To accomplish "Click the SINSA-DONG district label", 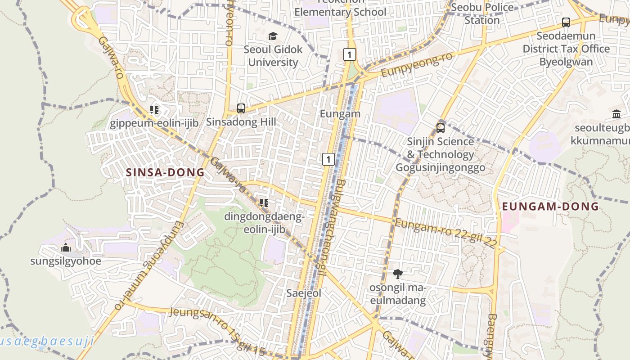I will click(x=165, y=172).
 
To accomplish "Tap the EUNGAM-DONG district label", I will click(x=550, y=207).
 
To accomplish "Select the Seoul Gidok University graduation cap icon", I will click(x=273, y=36).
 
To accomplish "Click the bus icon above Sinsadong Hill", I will click(x=241, y=108).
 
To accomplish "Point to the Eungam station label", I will click(x=340, y=114).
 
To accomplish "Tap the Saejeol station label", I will click(x=304, y=293).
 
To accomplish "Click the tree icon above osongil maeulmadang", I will click(x=397, y=274).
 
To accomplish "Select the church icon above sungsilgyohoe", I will click(x=66, y=247).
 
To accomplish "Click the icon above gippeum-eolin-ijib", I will click(x=154, y=109).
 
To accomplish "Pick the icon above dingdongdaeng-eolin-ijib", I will click(x=264, y=203).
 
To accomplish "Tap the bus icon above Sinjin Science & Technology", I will click(x=441, y=128).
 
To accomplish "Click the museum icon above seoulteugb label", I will click(x=616, y=114).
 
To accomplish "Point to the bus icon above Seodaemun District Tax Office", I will click(x=566, y=22).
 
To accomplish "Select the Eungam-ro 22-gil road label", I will click(x=445, y=233).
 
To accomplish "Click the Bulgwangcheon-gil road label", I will click(x=330, y=228).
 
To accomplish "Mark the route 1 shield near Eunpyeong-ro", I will click(x=349, y=54).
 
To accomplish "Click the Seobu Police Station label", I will click(x=482, y=13).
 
